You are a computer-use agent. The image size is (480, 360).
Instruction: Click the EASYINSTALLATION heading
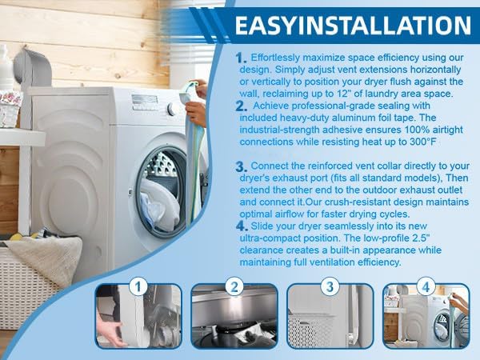353,26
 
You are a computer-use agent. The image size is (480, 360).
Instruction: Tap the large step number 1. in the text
241,58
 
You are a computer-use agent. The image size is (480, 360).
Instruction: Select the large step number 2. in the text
242,106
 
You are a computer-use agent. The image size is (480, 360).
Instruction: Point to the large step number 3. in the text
242,166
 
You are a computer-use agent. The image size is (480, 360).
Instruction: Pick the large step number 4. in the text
242,226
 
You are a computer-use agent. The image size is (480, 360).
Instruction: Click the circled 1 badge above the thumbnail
138,286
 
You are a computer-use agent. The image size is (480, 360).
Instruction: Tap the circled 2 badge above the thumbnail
234,286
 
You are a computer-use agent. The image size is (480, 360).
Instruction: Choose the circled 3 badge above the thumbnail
330,286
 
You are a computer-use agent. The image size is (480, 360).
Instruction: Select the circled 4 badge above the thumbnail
426,286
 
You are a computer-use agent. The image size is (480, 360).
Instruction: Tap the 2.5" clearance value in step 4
418,238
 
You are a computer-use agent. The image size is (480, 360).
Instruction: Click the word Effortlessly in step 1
276,58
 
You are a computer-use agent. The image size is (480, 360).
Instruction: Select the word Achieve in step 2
271,106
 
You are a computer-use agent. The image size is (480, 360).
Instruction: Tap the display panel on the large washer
145,99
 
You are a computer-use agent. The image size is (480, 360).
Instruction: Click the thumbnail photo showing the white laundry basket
330,316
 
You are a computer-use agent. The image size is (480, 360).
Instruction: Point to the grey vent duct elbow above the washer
33,66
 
